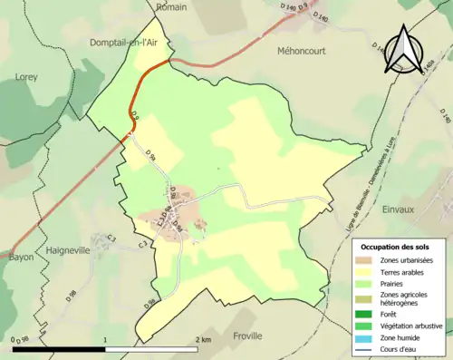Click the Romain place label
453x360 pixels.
coord(171,6)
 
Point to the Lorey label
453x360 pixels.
coord(26,77)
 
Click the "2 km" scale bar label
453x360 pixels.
coord(203,339)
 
